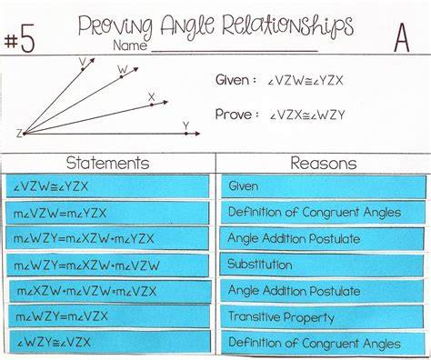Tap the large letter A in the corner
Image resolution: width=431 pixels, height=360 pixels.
(402, 38)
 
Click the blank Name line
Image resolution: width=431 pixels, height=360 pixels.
(235, 52)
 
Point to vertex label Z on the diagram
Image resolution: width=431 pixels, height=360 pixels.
(19, 134)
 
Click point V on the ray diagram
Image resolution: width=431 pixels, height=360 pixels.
(83, 69)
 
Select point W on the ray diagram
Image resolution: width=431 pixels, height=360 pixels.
(122, 77)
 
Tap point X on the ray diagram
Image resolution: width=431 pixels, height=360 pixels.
(152, 105)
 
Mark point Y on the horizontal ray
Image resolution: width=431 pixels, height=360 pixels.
(186, 134)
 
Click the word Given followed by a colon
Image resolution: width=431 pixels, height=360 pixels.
(236, 80)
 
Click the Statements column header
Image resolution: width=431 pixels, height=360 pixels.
(108, 163)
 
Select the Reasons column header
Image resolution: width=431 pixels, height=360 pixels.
(324, 163)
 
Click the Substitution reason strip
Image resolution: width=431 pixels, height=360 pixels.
(321, 265)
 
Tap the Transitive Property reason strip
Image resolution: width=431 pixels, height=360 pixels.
(322, 317)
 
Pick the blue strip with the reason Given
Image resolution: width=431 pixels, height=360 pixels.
(324, 186)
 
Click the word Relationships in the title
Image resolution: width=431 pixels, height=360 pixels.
(287, 26)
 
